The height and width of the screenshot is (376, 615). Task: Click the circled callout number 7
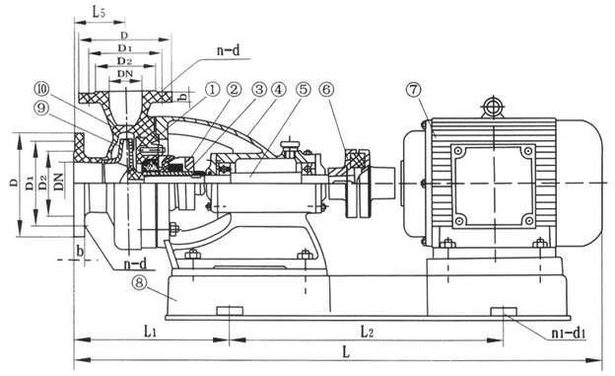pyautogui.click(x=414, y=90)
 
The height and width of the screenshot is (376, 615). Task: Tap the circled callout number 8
pyautogui.click(x=140, y=283)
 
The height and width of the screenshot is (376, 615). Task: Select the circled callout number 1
pyautogui.click(x=212, y=90)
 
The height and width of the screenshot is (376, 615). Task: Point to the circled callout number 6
pyautogui.click(x=326, y=90)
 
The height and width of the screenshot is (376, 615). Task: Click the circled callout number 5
pyautogui.click(x=304, y=90)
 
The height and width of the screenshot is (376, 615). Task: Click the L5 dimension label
pyautogui.click(x=99, y=12)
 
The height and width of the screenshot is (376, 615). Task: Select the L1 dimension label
pyautogui.click(x=150, y=332)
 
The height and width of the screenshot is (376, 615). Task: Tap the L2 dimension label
pyautogui.click(x=367, y=332)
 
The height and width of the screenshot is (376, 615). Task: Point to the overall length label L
pyautogui.click(x=346, y=351)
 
